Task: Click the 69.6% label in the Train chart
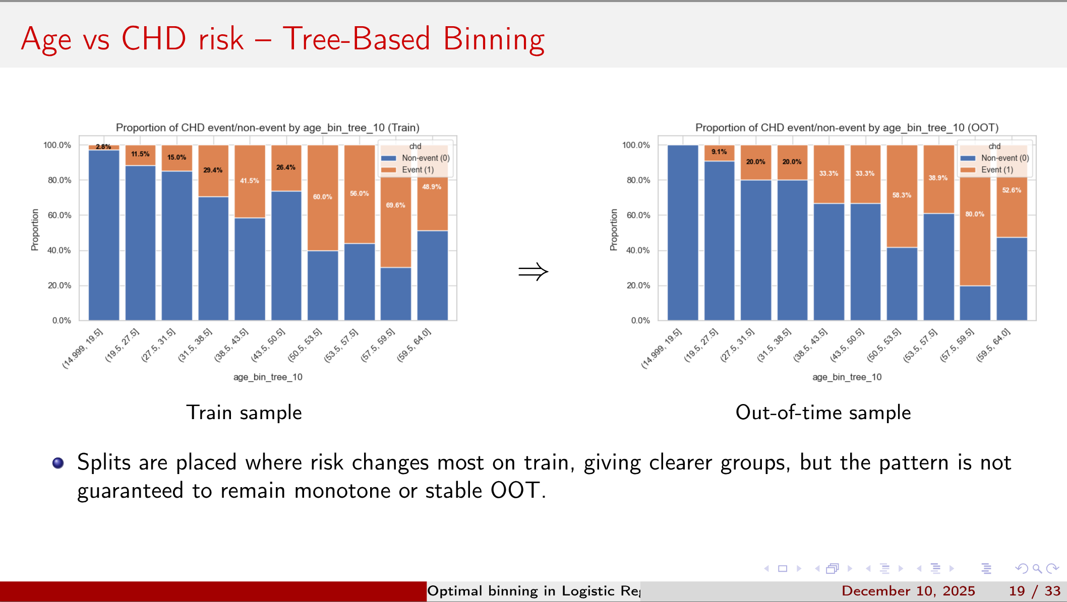click(x=395, y=205)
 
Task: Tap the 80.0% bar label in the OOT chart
click(x=974, y=214)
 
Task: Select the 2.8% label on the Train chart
click(x=103, y=147)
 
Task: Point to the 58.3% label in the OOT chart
click(x=902, y=195)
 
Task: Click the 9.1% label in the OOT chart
click(x=719, y=152)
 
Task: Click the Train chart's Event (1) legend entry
click(x=417, y=170)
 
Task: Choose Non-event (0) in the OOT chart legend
click(x=1004, y=158)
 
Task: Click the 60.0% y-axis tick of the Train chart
click(x=60, y=215)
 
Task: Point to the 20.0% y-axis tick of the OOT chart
click(x=638, y=285)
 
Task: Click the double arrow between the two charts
click(x=533, y=272)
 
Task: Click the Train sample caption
click(x=244, y=413)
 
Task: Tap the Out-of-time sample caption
click(x=823, y=413)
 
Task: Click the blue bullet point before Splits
click(x=58, y=462)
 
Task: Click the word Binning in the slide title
click(x=494, y=39)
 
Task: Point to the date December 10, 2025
click(x=908, y=591)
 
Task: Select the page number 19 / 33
click(x=1034, y=591)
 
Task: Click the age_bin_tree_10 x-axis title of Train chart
click(x=268, y=377)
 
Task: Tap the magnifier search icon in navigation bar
click(x=1037, y=569)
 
